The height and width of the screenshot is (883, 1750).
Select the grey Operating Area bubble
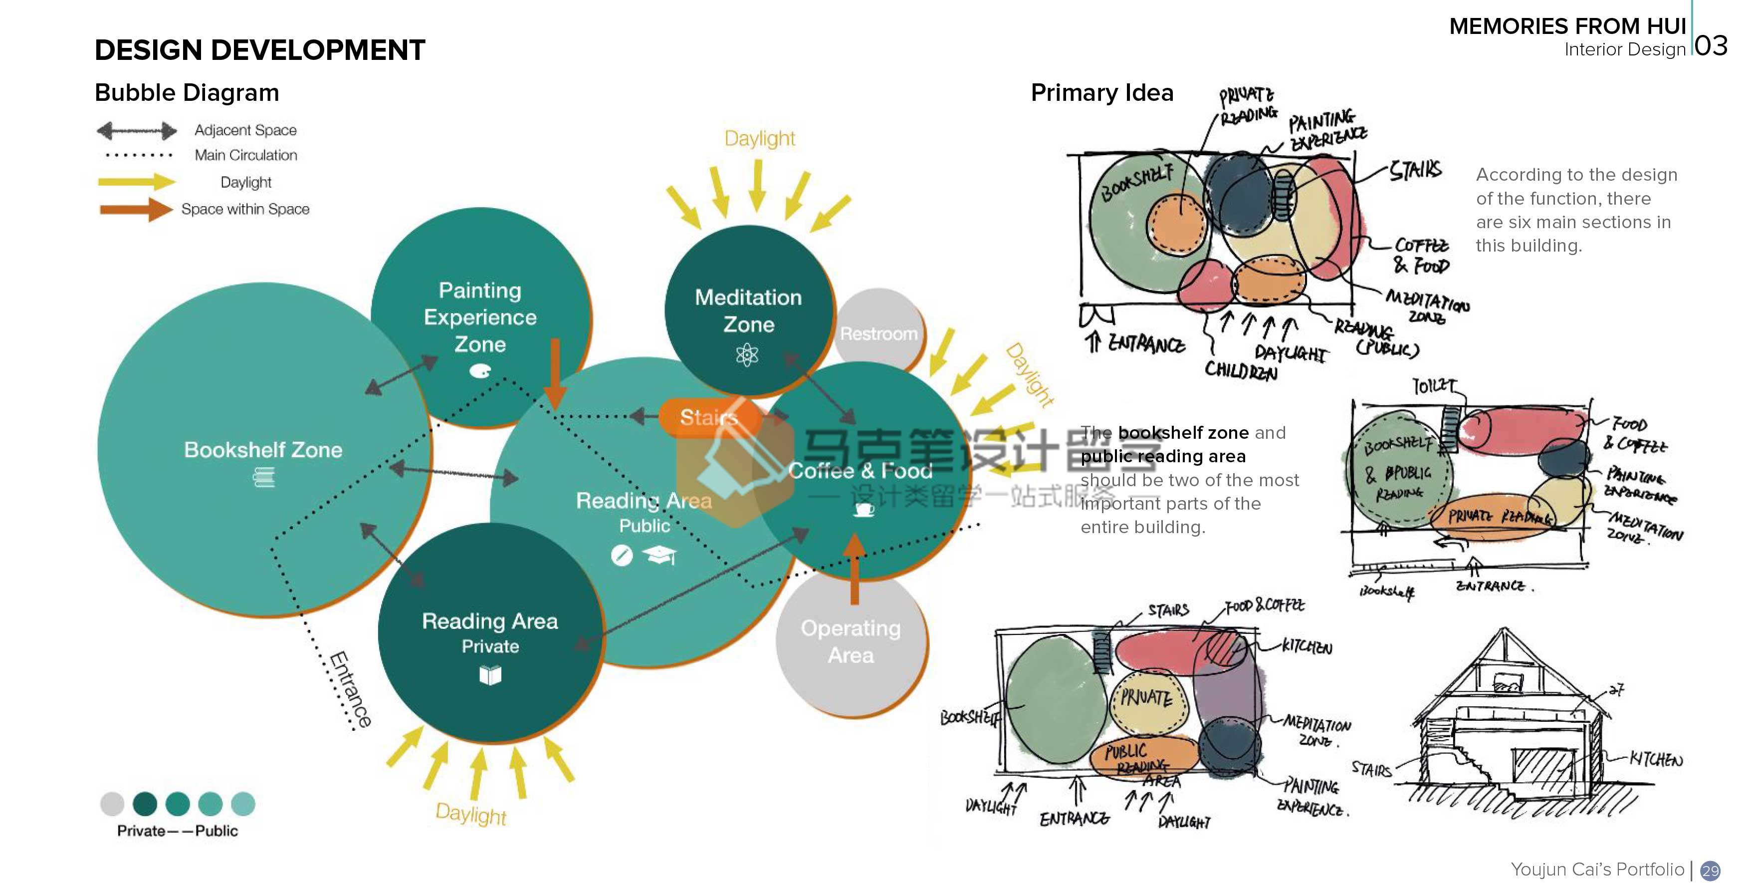pyautogui.click(x=851, y=642)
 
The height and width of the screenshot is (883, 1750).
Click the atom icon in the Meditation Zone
pyautogui.click(x=747, y=355)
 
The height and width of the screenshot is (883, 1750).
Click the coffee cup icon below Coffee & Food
pyautogui.click(x=864, y=509)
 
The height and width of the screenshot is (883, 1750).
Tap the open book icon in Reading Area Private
pyautogui.click(x=490, y=674)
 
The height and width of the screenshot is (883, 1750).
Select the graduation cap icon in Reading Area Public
pyautogui.click(x=660, y=556)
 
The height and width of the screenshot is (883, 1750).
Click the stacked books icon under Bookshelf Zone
pyautogui.click(x=263, y=479)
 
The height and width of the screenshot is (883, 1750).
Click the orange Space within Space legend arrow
pyautogui.click(x=136, y=209)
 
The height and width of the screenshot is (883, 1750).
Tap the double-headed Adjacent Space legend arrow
pyautogui.click(x=137, y=130)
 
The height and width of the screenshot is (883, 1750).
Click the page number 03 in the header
pyautogui.click(x=1711, y=46)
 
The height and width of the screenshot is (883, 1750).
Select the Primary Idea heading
pyautogui.click(x=1102, y=92)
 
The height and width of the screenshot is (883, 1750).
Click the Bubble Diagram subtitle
pyautogui.click(x=187, y=92)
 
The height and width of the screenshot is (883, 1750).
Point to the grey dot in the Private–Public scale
pyautogui.click(x=112, y=804)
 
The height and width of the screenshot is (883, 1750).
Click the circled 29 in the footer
pyautogui.click(x=1710, y=870)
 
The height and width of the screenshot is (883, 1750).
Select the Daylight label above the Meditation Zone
pyautogui.click(x=759, y=139)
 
